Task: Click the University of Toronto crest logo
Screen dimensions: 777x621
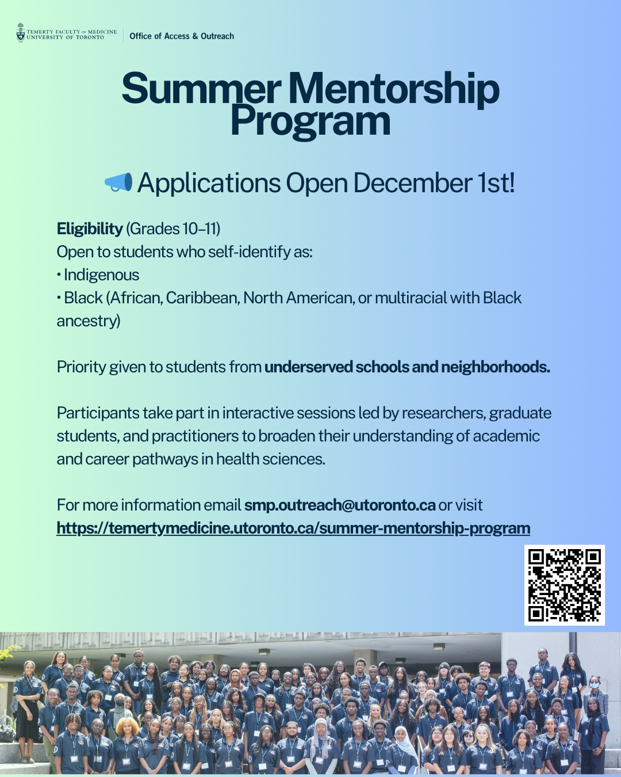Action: click(x=21, y=33)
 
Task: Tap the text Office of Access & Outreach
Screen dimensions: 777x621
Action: click(x=182, y=36)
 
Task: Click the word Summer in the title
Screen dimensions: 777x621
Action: click(x=201, y=89)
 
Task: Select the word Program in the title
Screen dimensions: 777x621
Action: click(x=310, y=122)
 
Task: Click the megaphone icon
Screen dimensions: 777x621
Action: click(x=118, y=182)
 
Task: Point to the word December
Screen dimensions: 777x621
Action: click(x=412, y=183)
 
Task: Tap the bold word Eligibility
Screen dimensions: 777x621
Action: click(x=90, y=229)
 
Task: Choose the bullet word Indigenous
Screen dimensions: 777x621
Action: click(x=102, y=275)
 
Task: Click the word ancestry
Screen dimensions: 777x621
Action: click(x=87, y=321)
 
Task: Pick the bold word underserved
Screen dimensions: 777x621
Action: click(x=308, y=367)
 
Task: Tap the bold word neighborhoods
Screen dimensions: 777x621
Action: click(x=495, y=367)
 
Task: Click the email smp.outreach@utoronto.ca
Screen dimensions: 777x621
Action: click(x=340, y=505)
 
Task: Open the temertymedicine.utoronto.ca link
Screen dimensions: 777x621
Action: click(x=293, y=528)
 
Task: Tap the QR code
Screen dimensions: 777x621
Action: click(x=564, y=585)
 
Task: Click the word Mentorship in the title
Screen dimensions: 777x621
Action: click(x=394, y=89)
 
